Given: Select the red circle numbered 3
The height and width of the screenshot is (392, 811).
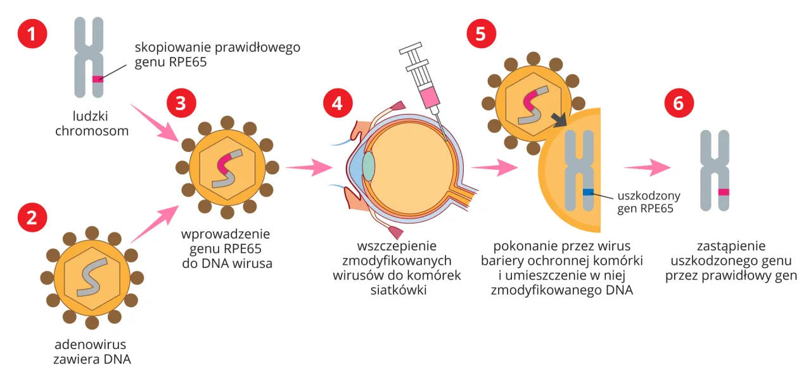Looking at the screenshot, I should point(181,103).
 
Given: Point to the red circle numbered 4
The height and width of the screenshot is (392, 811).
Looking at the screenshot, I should point(337,103).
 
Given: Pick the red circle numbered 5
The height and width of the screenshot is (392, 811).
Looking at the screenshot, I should point(481,33).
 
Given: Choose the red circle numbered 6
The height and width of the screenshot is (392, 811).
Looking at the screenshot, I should point(679,103).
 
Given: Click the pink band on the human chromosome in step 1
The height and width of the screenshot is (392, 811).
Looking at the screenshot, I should point(98,79).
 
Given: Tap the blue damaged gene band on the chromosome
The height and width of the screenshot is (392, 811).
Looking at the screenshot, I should point(588,191).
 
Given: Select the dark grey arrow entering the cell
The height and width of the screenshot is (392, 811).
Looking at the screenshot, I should point(559,120).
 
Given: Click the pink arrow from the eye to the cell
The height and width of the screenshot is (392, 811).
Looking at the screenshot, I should point(495,168).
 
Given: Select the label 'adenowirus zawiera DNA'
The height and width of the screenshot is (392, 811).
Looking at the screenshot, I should point(91,351).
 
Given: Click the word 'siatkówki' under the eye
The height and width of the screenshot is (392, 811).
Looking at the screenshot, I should point(397,290).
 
